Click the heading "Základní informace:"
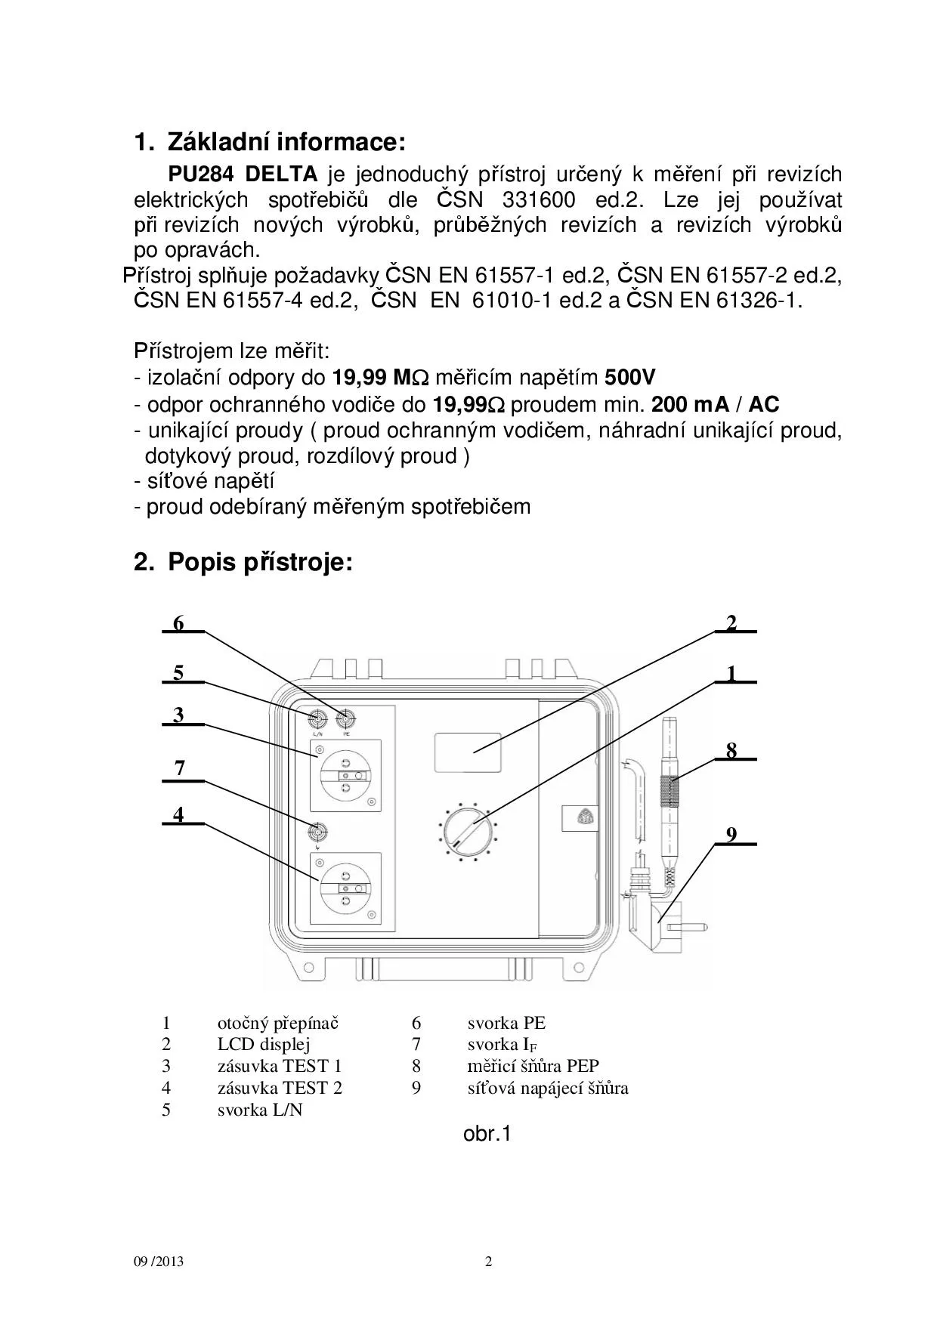(x=286, y=142)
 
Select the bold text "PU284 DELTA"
(x=243, y=175)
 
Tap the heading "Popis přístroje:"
(x=260, y=562)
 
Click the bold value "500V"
(x=630, y=378)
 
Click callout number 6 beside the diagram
(x=178, y=623)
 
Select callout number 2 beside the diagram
(x=731, y=623)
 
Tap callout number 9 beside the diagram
(x=731, y=835)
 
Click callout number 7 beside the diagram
(x=179, y=768)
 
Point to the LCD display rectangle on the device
(x=467, y=752)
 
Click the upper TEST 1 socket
(x=345, y=776)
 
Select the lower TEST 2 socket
(x=345, y=889)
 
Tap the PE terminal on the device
(x=347, y=718)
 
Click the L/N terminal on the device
(x=318, y=718)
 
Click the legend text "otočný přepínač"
(x=278, y=1024)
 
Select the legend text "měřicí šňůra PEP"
(x=533, y=1067)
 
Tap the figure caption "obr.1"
(x=487, y=1134)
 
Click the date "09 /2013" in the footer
(x=159, y=1262)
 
